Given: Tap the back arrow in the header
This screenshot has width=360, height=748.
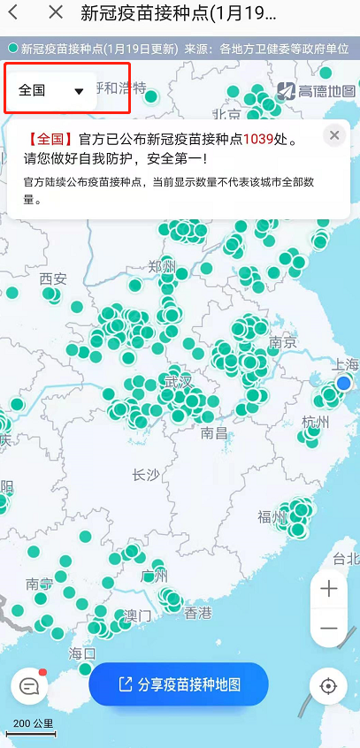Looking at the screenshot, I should click(x=14, y=12).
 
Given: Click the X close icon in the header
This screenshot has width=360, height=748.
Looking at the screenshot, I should click(x=56, y=12).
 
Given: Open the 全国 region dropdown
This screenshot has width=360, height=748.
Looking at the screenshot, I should click(x=51, y=90).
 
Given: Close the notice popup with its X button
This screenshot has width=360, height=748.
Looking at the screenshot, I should click(x=333, y=135).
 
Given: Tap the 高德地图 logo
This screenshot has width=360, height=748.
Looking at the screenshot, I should click(x=316, y=90).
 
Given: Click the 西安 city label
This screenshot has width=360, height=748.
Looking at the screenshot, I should click(x=53, y=279).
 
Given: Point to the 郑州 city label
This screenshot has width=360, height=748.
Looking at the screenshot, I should click(x=163, y=267).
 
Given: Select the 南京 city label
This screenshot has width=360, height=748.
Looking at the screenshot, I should click(x=282, y=342).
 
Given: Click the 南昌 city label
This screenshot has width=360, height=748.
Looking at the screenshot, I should click(x=215, y=432).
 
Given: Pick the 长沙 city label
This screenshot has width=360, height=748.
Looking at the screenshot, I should click(x=146, y=475).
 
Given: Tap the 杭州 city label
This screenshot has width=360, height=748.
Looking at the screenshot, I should click(x=315, y=422).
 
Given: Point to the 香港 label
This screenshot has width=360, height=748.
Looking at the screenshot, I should click(x=198, y=613).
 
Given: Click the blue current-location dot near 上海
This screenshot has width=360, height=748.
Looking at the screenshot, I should click(x=343, y=383).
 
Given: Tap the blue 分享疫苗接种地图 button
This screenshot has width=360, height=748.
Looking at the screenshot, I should click(x=179, y=683).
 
